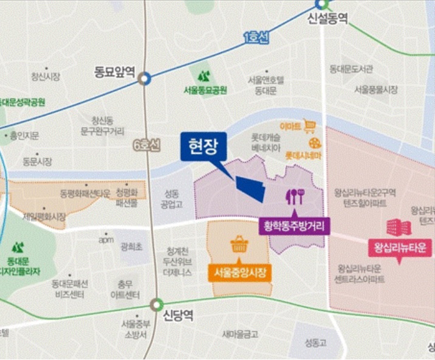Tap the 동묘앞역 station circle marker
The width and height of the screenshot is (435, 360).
pyautogui.click(x=144, y=78)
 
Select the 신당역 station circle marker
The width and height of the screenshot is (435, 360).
pyautogui.click(x=157, y=304)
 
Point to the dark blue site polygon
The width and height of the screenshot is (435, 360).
pyautogui.click(x=251, y=188)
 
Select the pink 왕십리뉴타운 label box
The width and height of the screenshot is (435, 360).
pyautogui.click(x=399, y=248)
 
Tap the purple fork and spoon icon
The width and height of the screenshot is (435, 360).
pyautogui.click(x=295, y=196)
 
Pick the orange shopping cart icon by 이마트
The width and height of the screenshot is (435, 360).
pyautogui.click(x=310, y=126)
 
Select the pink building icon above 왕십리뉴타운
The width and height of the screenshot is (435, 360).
pyautogui.click(x=397, y=227)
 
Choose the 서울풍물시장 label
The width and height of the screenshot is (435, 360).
pyautogui.click(x=375, y=89)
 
